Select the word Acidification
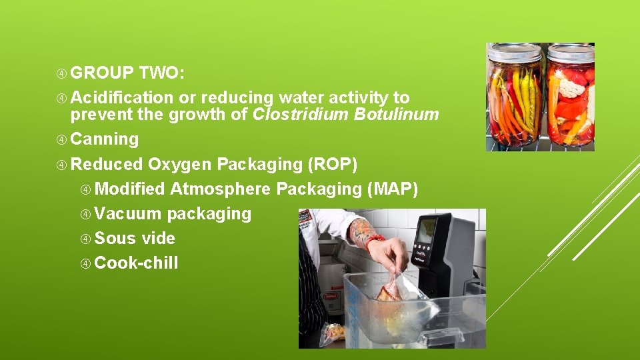click(120, 97)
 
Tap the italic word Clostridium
click(300, 114)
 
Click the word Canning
click(105, 139)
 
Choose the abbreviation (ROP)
click(333, 164)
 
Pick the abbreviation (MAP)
click(393, 189)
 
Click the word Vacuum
click(128, 213)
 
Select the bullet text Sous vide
click(135, 238)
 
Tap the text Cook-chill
click(136, 263)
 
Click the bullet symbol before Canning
click(62, 139)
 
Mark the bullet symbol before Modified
click(86, 189)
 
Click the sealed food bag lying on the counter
click(334, 331)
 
